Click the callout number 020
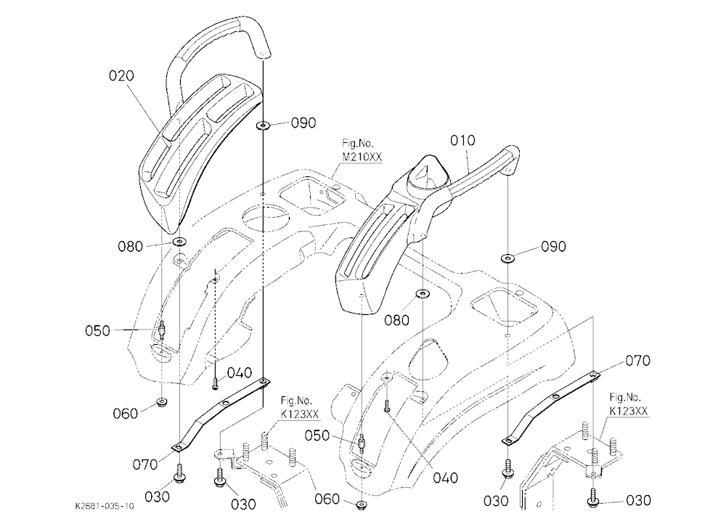pos(121,75)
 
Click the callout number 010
pos(462,140)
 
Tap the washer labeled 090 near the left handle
pos(263,125)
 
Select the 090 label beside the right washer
pos(553,246)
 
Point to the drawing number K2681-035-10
pos(105,506)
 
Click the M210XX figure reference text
pos(362,158)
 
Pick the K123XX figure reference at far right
pos(629,411)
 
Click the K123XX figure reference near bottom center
pos(300,414)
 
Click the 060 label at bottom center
pos(327,499)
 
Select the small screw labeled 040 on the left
pos(216,383)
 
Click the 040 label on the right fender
pos(446,478)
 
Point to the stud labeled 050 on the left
pos(162,330)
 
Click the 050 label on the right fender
pos(318,436)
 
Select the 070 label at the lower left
pos(145,464)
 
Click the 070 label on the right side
pos(637,360)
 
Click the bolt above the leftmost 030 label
pos(179,473)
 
